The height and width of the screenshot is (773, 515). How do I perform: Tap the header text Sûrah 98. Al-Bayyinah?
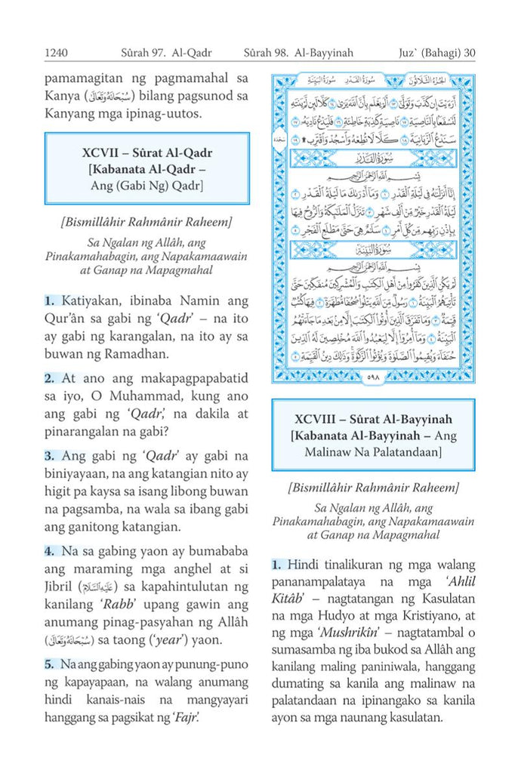[300, 53]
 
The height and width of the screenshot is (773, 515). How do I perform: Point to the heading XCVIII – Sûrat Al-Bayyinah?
[374, 419]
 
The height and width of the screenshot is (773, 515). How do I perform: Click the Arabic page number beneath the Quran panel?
[374, 377]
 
